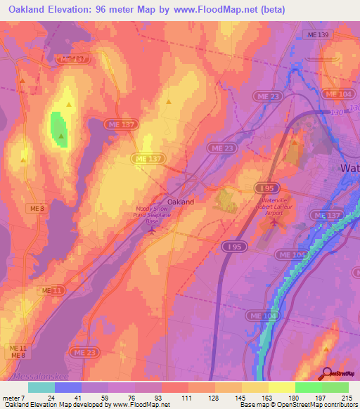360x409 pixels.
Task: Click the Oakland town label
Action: (x=181, y=202)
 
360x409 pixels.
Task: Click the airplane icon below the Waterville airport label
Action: (x=274, y=222)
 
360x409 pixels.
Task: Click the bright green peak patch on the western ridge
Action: (x=58, y=130)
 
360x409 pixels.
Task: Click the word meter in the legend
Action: (x=12, y=397)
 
